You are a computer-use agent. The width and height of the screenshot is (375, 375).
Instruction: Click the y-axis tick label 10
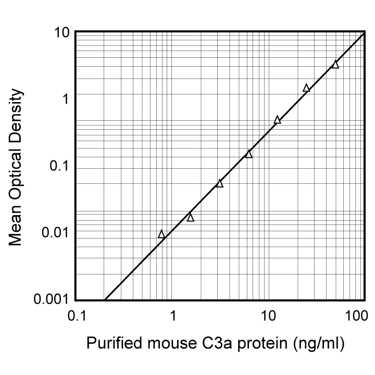pos(61,32)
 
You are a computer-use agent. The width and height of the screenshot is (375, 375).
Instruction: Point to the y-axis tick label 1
pos(65,99)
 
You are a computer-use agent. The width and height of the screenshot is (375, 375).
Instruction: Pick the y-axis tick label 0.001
pos(52,299)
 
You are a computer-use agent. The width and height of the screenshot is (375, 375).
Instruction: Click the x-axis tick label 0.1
pos(77,316)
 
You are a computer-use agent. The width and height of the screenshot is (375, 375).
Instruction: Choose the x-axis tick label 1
pos(173,316)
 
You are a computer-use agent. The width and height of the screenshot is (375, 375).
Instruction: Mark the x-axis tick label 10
pos(268,316)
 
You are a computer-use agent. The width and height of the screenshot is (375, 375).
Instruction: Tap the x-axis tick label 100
pos(357,316)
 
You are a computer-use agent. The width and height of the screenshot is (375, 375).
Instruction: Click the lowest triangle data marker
pos(161,234)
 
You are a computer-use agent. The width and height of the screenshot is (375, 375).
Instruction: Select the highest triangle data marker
pos(335,65)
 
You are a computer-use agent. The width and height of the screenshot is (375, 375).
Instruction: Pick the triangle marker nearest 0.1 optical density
pos(249,154)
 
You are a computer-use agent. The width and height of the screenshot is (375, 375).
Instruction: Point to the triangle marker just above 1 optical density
pos(306,88)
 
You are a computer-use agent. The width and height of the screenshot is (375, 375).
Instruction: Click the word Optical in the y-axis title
pos(16,171)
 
